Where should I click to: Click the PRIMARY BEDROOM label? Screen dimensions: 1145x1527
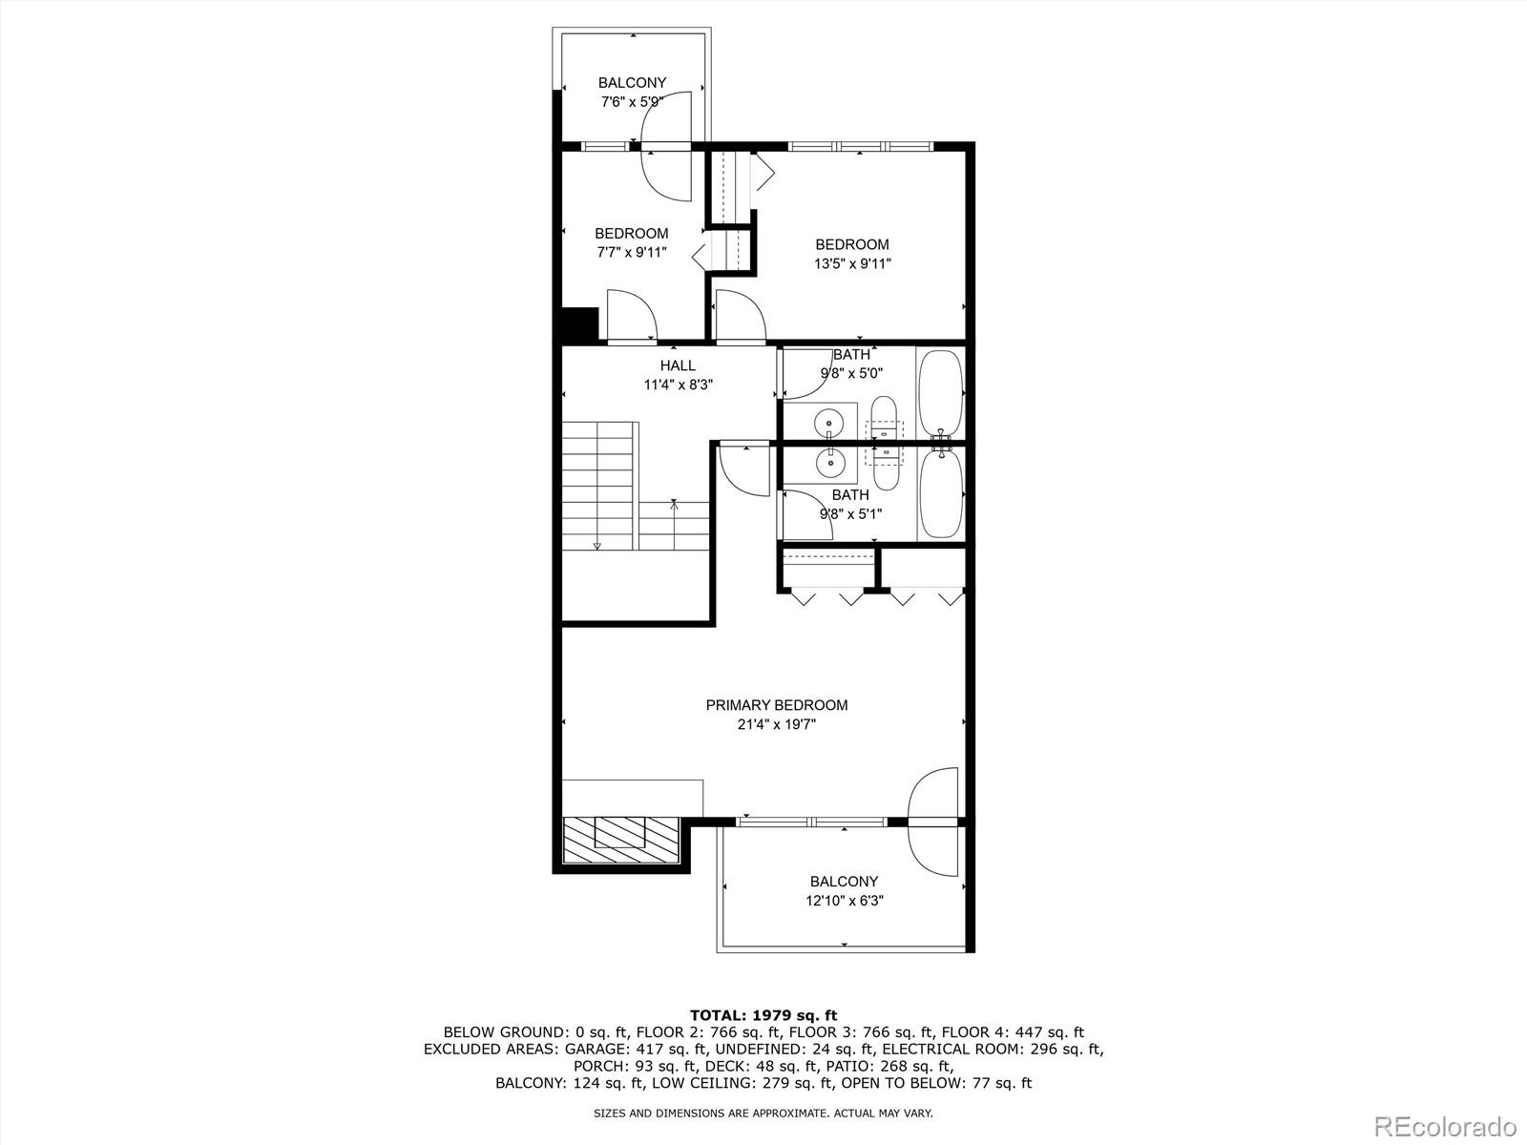pyautogui.click(x=776, y=705)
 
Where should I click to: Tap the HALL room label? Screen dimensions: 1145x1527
pyautogui.click(x=678, y=365)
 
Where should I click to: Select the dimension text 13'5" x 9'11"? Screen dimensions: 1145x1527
pyautogui.click(x=851, y=263)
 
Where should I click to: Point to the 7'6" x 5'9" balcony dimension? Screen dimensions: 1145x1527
pyautogui.click(x=632, y=101)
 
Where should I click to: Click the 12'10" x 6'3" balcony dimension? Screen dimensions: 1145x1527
pyautogui.click(x=844, y=900)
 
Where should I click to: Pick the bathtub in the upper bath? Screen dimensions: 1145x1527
pyautogui.click(x=941, y=391)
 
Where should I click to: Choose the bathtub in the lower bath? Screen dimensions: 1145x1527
pyautogui.click(x=941, y=494)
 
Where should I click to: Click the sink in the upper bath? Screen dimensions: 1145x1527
pyautogui.click(x=830, y=421)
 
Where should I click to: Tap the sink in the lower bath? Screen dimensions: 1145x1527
pyautogui.click(x=830, y=463)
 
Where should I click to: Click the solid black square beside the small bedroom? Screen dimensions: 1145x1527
pyautogui.click(x=578, y=324)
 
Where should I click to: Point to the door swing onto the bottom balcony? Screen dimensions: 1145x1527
pyautogui.click(x=934, y=822)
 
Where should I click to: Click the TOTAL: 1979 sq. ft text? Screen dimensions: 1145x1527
pyautogui.click(x=763, y=1015)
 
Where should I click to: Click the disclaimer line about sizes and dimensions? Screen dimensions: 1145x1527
pyautogui.click(x=763, y=1113)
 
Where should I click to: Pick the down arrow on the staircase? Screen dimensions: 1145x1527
pyautogui.click(x=597, y=545)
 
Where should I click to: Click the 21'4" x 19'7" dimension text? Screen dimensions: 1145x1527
pyautogui.click(x=776, y=724)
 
